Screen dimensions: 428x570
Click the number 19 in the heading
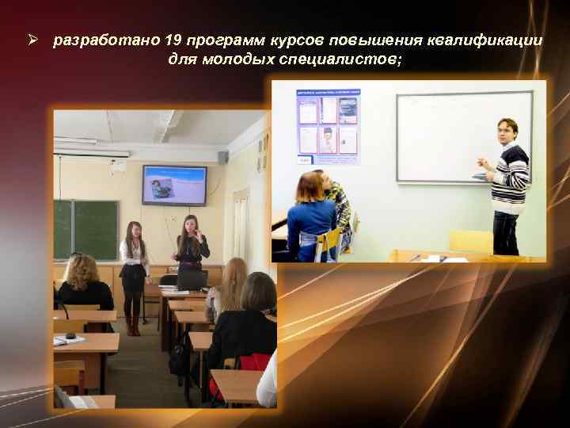174,40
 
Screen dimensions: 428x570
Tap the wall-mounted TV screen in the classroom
174,185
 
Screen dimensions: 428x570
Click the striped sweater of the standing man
509,179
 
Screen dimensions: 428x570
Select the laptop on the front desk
192,279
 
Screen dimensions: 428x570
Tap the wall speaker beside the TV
223,157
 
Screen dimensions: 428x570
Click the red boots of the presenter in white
131,325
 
